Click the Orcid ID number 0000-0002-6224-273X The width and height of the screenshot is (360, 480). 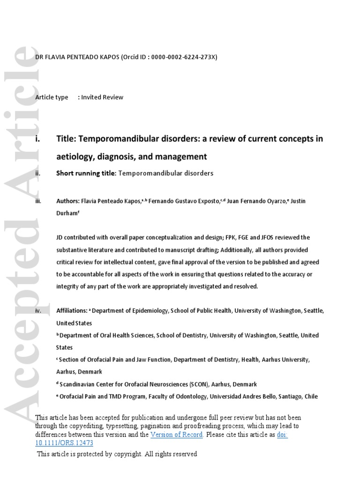coord(183,57)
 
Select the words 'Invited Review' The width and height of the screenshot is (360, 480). coord(102,97)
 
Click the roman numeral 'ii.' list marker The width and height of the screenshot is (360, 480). coord(38,173)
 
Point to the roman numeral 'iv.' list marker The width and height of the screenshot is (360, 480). coord(38,311)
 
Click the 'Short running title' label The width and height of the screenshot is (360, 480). coord(85,173)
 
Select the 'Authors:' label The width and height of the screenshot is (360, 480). coord(69,201)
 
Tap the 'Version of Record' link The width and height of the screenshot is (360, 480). coord(176,435)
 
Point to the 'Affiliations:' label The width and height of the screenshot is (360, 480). coord(72,311)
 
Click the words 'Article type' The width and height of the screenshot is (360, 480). coord(52,97)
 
